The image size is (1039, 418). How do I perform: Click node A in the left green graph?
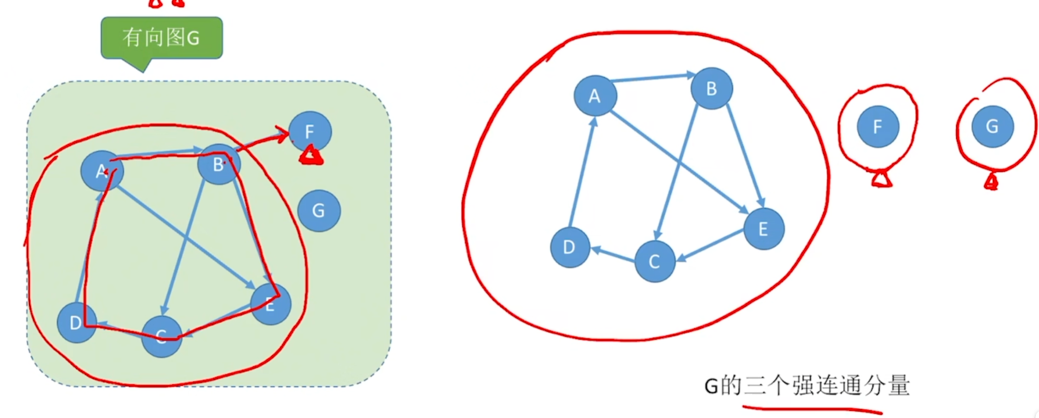[102, 171]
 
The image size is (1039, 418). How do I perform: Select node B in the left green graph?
[219, 164]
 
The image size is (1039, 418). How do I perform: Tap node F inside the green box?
[310, 132]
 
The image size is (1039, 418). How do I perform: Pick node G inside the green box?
[318, 210]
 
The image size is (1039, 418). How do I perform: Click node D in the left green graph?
[76, 322]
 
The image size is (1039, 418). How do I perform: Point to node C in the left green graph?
[161, 336]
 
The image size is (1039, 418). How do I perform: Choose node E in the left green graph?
[270, 304]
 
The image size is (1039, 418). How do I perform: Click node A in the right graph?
[595, 96]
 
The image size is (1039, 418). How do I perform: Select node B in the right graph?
[712, 89]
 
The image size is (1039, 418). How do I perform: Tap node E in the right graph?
[764, 229]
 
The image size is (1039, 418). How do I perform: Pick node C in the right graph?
[654, 261]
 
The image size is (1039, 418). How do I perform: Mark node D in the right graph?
[570, 247]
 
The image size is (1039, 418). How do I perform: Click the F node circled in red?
[878, 127]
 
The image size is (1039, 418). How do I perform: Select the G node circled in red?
[992, 127]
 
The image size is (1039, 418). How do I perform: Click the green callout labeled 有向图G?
[161, 38]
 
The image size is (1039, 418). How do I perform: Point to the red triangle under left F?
[311, 156]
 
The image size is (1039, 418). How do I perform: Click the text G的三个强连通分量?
[807, 386]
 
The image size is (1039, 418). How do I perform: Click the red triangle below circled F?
[882, 179]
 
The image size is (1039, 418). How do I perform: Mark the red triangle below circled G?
[991, 182]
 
